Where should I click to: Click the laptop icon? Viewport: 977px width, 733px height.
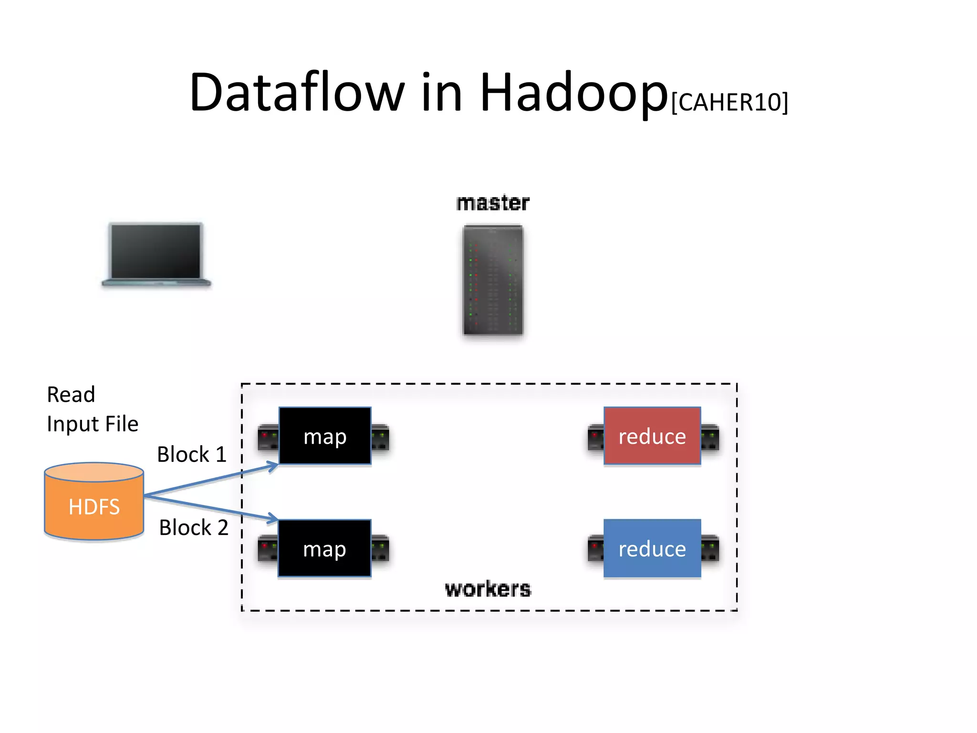pyautogui.click(x=156, y=254)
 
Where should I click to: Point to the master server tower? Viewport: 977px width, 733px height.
pyautogui.click(x=493, y=280)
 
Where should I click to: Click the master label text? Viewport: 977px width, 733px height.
pyautogui.click(x=493, y=203)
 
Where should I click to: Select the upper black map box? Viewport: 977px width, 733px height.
pyautogui.click(x=325, y=436)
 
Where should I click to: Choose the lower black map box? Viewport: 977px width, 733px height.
pyautogui.click(x=324, y=548)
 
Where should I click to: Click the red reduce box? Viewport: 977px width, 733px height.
pyautogui.click(x=652, y=436)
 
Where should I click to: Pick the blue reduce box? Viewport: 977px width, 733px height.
pyautogui.click(x=652, y=548)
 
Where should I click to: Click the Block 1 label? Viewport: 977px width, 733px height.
pyautogui.click(x=192, y=454)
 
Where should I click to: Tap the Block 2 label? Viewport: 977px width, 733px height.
pyautogui.click(x=194, y=528)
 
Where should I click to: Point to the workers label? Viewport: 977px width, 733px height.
pyautogui.click(x=488, y=589)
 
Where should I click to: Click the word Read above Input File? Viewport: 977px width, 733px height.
pyautogui.click(x=71, y=395)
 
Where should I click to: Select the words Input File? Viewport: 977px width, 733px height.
pyautogui.click(x=93, y=424)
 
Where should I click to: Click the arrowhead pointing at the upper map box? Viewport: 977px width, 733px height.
pyautogui.click(x=273, y=465)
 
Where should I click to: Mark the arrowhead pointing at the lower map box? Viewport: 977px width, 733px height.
pyautogui.click(x=273, y=518)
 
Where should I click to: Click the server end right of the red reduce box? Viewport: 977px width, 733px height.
pyautogui.click(x=710, y=437)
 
